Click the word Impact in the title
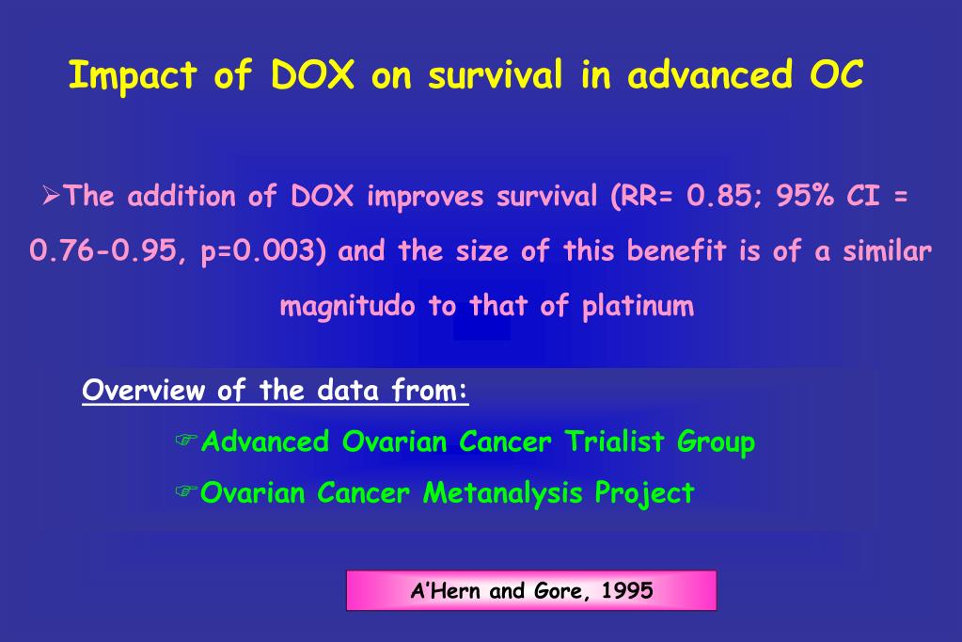click(x=132, y=76)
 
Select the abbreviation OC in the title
click(x=837, y=75)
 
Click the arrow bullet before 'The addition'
click(x=53, y=197)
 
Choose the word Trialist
click(x=616, y=441)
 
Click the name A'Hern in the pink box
click(x=447, y=591)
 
